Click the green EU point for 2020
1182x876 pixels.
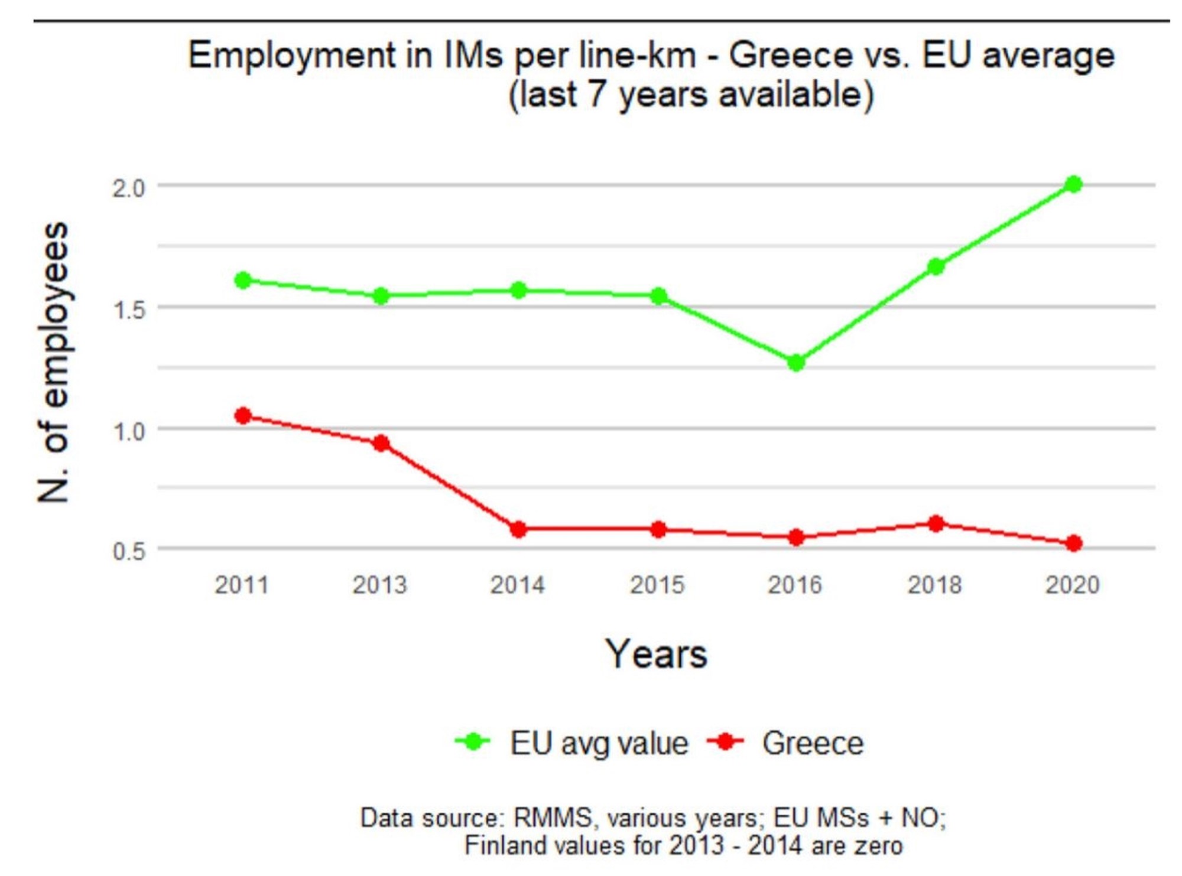click(1073, 184)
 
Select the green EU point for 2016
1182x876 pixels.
click(796, 362)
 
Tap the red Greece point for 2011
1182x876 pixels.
click(242, 416)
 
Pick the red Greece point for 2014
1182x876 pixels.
click(518, 529)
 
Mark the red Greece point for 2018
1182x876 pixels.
click(936, 523)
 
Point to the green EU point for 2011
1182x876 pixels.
click(242, 280)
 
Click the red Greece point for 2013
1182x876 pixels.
click(381, 443)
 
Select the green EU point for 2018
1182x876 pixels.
click(936, 266)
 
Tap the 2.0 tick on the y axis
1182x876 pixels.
click(129, 188)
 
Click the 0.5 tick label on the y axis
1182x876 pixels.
click(129, 552)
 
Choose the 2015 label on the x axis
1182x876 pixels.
click(657, 585)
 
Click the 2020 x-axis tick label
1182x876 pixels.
click(1073, 585)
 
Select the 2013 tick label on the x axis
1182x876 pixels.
click(380, 585)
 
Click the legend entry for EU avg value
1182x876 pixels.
click(598, 743)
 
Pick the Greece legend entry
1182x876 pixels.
click(812, 743)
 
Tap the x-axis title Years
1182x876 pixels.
click(656, 654)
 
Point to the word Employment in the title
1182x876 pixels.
click(292, 56)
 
